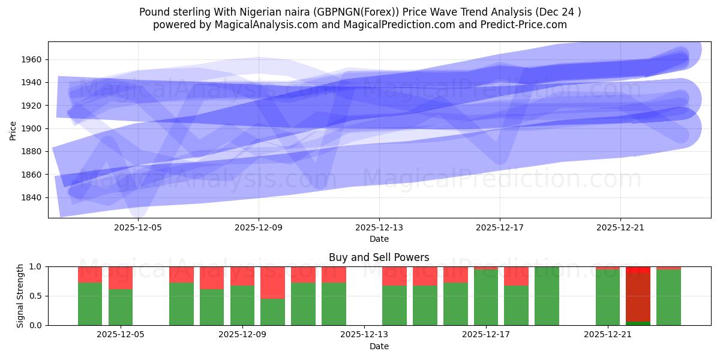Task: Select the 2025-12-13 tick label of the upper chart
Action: (x=379, y=228)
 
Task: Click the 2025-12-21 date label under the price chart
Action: (x=620, y=228)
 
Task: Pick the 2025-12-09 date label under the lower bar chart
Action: (x=242, y=335)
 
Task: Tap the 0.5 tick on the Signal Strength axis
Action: (x=37, y=296)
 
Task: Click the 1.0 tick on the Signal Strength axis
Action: (x=37, y=266)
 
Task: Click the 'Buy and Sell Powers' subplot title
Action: (x=379, y=257)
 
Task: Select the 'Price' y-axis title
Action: (x=13, y=130)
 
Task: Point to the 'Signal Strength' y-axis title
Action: (x=20, y=296)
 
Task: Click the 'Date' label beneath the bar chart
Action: (x=379, y=346)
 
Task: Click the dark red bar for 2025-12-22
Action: (x=638, y=297)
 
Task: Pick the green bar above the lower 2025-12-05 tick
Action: (x=121, y=307)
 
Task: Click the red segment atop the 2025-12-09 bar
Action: (x=242, y=276)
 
